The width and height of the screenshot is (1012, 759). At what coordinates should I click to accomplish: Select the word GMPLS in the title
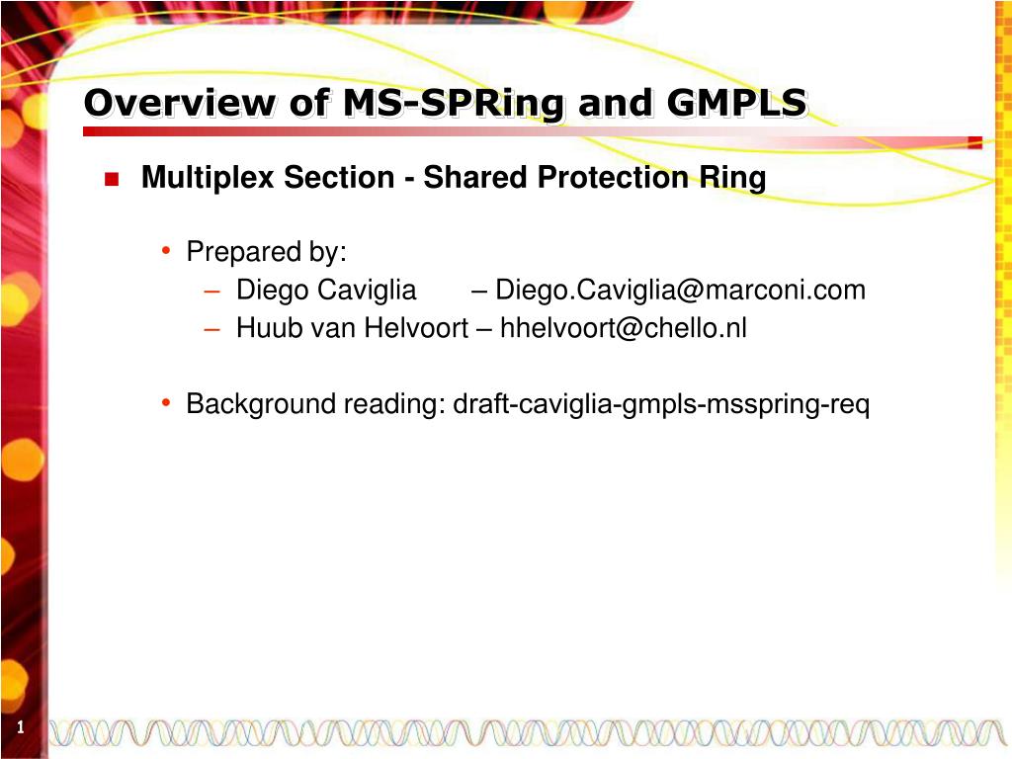click(736, 103)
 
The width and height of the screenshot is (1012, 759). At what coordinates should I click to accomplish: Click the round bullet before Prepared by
click(166, 250)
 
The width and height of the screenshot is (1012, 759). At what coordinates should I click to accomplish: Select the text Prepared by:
click(267, 252)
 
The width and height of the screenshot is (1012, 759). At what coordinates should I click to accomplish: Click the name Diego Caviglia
click(326, 290)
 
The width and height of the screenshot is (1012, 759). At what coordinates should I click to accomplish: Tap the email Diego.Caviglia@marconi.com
click(680, 290)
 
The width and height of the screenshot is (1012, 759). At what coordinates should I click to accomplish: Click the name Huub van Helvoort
click(353, 328)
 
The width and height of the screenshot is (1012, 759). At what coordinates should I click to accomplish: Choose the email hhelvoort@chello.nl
click(624, 328)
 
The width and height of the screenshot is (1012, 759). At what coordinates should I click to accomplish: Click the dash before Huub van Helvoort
click(212, 329)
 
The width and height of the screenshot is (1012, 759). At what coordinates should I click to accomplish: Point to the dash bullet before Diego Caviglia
click(212, 292)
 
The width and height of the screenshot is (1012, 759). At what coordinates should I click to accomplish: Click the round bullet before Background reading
click(166, 403)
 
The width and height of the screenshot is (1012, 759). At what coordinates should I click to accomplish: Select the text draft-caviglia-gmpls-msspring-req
click(661, 404)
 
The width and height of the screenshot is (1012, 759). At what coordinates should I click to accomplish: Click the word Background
click(261, 404)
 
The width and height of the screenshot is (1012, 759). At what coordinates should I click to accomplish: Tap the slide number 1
click(21, 727)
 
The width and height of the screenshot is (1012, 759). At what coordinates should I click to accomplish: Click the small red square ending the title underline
click(975, 142)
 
